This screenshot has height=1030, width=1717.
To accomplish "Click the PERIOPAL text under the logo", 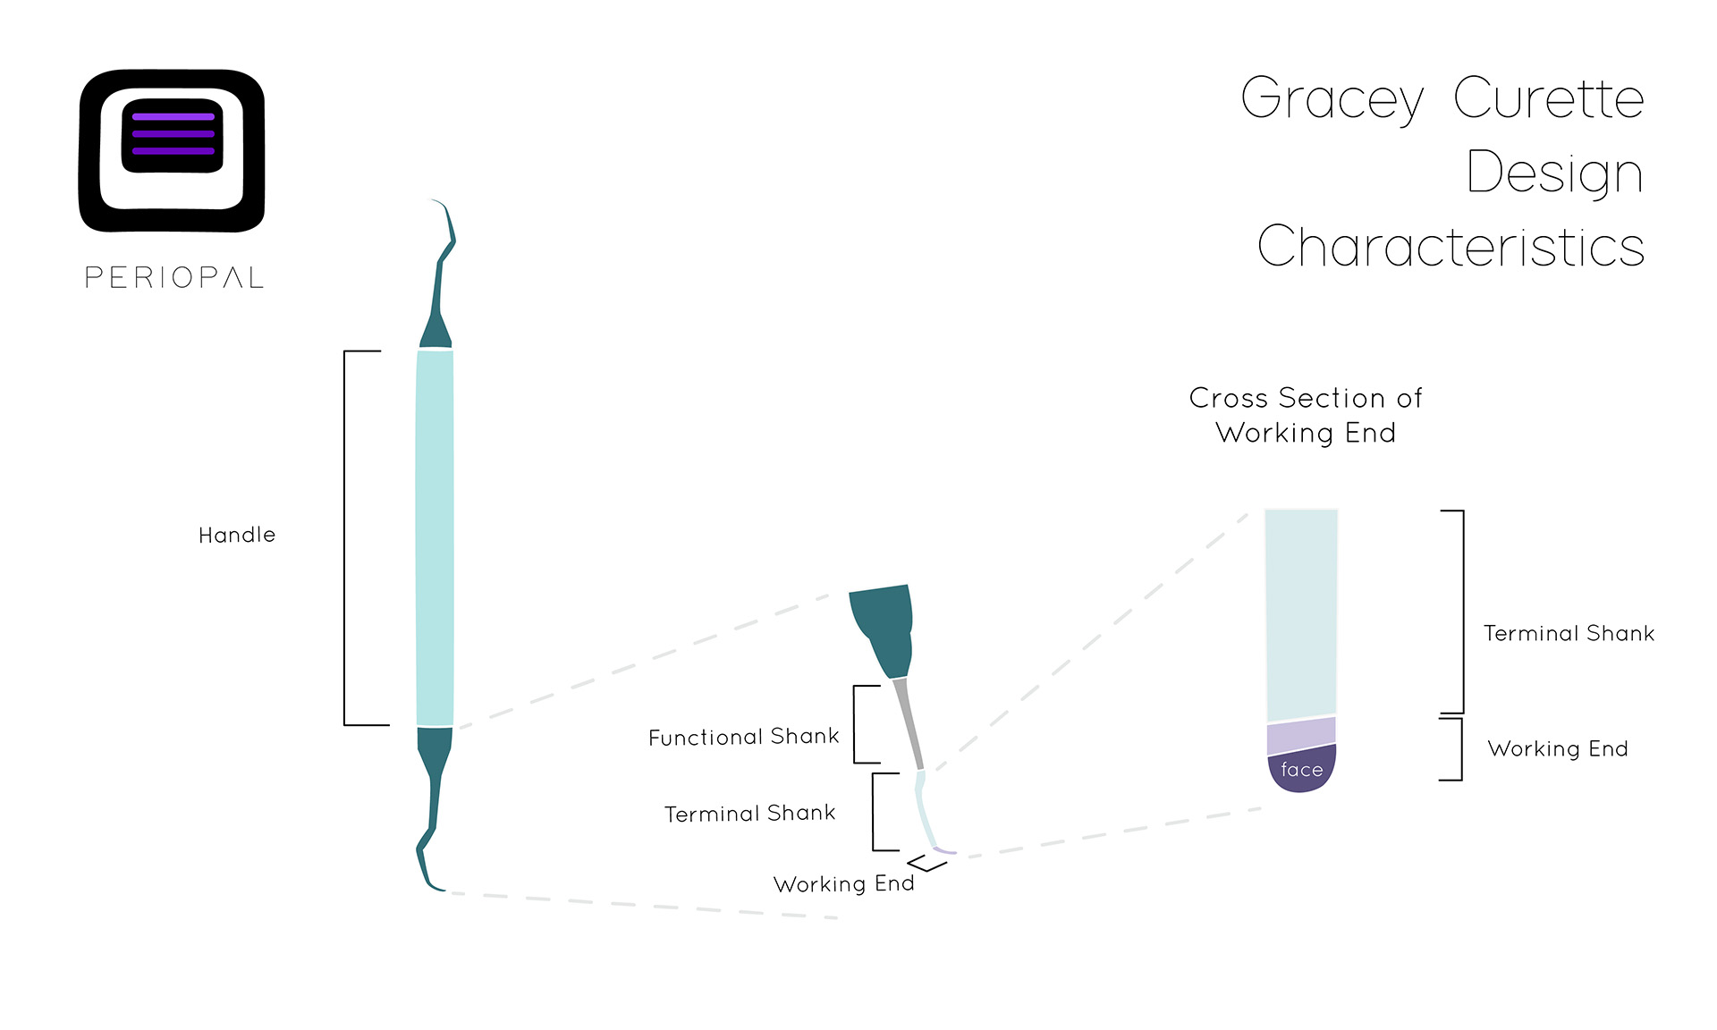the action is click(174, 277).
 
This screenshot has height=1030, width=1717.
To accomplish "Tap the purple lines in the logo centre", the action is click(173, 134).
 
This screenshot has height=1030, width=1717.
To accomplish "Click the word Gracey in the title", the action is click(1332, 101).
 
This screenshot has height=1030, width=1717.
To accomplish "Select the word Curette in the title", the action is click(1548, 97).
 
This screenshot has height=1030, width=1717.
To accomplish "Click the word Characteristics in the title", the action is click(1451, 246).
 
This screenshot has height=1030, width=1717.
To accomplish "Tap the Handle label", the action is click(237, 535).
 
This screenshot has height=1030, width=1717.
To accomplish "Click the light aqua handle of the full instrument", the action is click(435, 537).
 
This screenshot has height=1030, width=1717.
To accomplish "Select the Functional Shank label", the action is click(744, 737).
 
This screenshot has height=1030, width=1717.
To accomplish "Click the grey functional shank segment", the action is click(909, 723).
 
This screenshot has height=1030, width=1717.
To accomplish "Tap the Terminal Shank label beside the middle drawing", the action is click(750, 814).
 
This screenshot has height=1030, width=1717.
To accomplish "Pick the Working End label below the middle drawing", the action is click(844, 883).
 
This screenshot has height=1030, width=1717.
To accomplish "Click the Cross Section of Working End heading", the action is click(1306, 415).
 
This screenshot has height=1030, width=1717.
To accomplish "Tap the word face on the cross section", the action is click(1302, 770).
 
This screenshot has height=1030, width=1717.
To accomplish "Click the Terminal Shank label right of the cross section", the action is click(1569, 633).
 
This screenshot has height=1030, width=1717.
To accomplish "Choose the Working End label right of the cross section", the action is click(1558, 748).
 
